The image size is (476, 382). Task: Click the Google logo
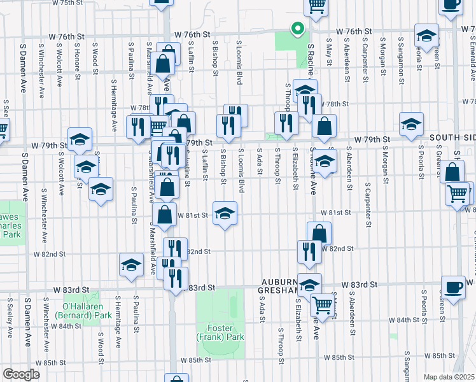click(x=20, y=374)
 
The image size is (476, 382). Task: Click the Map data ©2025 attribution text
click(x=449, y=377)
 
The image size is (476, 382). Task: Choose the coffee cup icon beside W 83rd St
click(x=453, y=286)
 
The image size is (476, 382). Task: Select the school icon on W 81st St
click(x=225, y=213)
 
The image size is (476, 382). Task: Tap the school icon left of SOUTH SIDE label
click(x=411, y=124)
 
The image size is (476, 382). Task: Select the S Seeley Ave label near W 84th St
click(x=10, y=317)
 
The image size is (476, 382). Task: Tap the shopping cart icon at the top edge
click(x=316, y=6)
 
